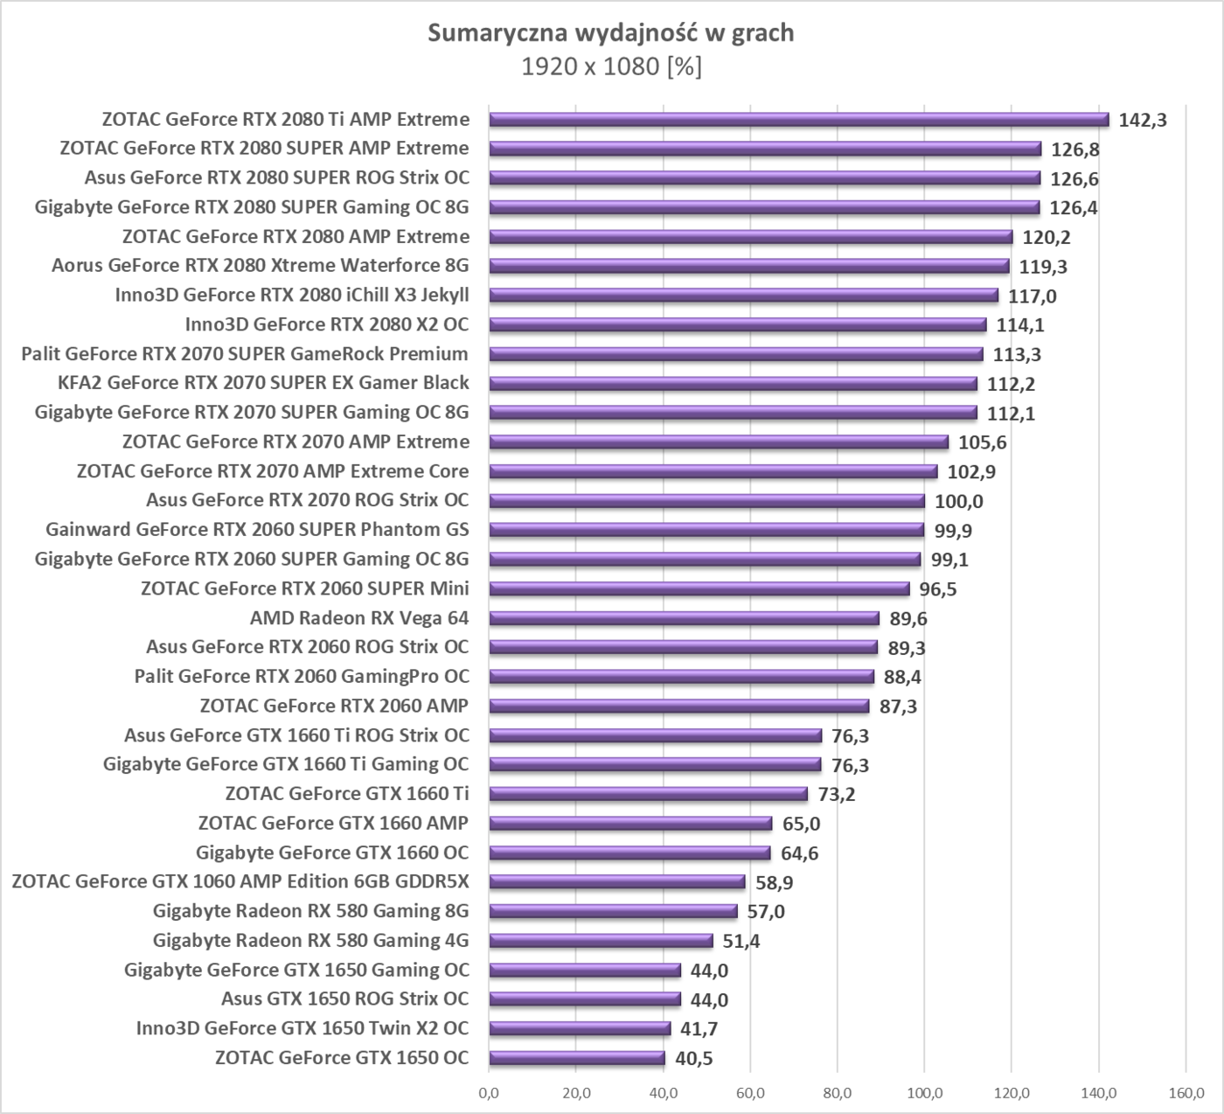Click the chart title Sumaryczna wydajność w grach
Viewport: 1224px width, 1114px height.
pyautogui.click(x=610, y=33)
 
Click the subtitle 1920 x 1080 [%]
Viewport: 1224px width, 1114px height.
pyautogui.click(x=610, y=66)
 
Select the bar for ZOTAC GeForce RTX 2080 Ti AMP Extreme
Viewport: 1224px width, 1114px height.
pyautogui.click(x=798, y=120)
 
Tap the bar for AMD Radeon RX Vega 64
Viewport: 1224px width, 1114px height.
pyautogui.click(x=684, y=618)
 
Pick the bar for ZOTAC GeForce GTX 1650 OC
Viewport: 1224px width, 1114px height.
pyautogui.click(x=577, y=1058)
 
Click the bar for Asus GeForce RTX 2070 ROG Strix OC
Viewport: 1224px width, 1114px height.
pyautogui.click(x=706, y=501)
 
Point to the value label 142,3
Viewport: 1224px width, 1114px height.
pyautogui.click(x=1143, y=121)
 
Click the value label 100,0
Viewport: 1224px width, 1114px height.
pyautogui.click(x=959, y=502)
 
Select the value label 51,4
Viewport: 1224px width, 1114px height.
pyautogui.click(x=741, y=942)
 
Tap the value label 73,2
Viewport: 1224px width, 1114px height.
pyautogui.click(x=837, y=795)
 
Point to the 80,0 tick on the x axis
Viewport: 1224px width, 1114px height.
pyautogui.click(x=837, y=1092)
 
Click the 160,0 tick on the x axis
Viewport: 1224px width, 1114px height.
pyautogui.click(x=1185, y=1092)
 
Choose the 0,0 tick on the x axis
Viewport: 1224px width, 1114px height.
pyautogui.click(x=489, y=1092)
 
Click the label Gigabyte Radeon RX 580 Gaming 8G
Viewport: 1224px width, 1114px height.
pyautogui.click(x=310, y=911)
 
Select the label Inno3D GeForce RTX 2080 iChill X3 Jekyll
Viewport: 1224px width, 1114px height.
pyautogui.click(x=292, y=296)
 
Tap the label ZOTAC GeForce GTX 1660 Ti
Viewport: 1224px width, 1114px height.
pyautogui.click(x=347, y=794)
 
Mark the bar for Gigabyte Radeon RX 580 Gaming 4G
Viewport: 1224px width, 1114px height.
pyautogui.click(x=601, y=941)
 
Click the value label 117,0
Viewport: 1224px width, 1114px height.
pyautogui.click(x=1032, y=296)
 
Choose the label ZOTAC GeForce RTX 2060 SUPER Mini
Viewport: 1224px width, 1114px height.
pyautogui.click(x=304, y=588)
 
